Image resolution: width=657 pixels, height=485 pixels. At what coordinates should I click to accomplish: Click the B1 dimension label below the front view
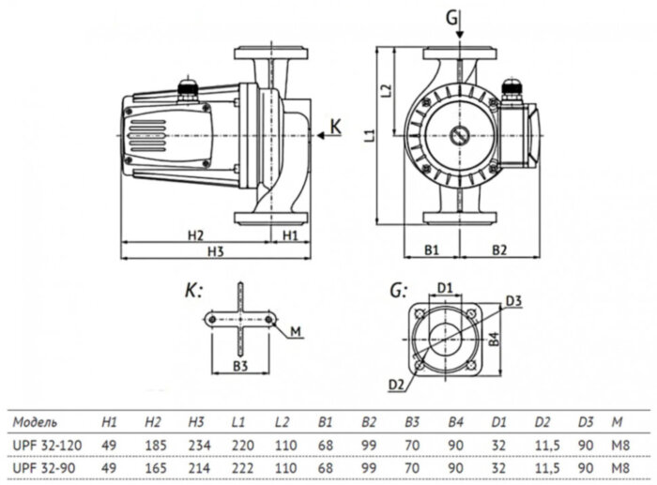coord(432,250)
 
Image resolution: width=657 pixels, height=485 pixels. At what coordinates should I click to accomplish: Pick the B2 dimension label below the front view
coord(498,250)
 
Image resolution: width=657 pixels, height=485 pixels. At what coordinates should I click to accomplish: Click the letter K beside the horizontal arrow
coord(338,125)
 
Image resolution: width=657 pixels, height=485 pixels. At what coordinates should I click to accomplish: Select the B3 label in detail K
coord(240,364)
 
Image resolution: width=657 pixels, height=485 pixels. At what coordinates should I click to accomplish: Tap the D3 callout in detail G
coord(512,300)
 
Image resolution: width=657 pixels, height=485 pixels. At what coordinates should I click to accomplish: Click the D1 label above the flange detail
coord(446,286)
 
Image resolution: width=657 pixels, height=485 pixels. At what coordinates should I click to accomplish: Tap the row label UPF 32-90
coord(44,463)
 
